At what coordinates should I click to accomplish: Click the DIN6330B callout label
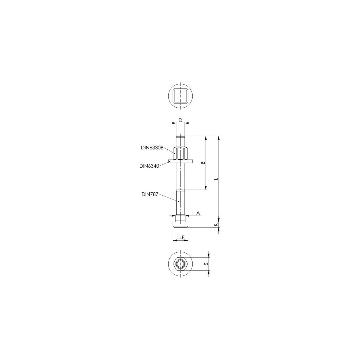[152, 148]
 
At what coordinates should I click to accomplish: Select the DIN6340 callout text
[149, 166]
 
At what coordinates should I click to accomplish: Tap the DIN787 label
[150, 194]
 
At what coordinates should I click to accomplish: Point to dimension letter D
[180, 120]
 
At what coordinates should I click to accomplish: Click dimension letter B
[204, 163]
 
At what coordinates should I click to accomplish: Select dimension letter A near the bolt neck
[198, 213]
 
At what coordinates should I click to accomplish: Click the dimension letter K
[216, 225]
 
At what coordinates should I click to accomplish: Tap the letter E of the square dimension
[183, 237]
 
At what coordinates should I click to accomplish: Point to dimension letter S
[206, 264]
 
